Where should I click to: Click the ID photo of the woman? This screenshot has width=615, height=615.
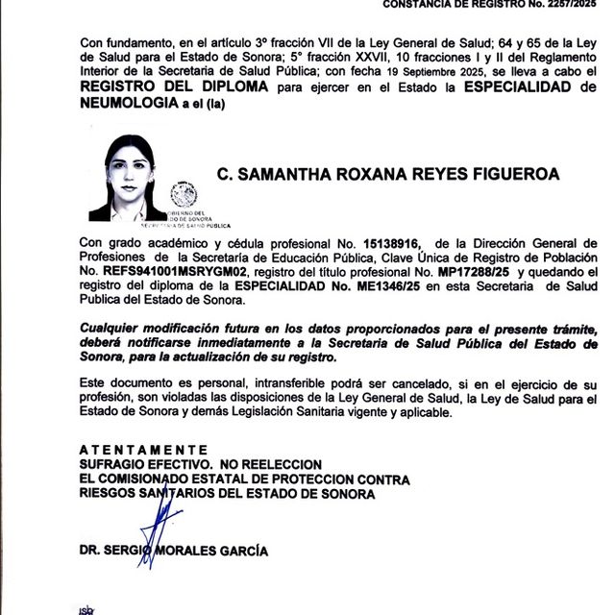tap(128, 179)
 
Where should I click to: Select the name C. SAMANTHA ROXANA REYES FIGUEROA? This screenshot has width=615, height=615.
tap(387, 174)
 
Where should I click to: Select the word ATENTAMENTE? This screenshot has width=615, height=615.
tap(143, 450)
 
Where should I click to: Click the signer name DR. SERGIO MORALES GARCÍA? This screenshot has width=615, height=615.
tap(174, 552)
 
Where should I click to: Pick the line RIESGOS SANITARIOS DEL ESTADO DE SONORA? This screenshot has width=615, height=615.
tap(227, 493)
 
